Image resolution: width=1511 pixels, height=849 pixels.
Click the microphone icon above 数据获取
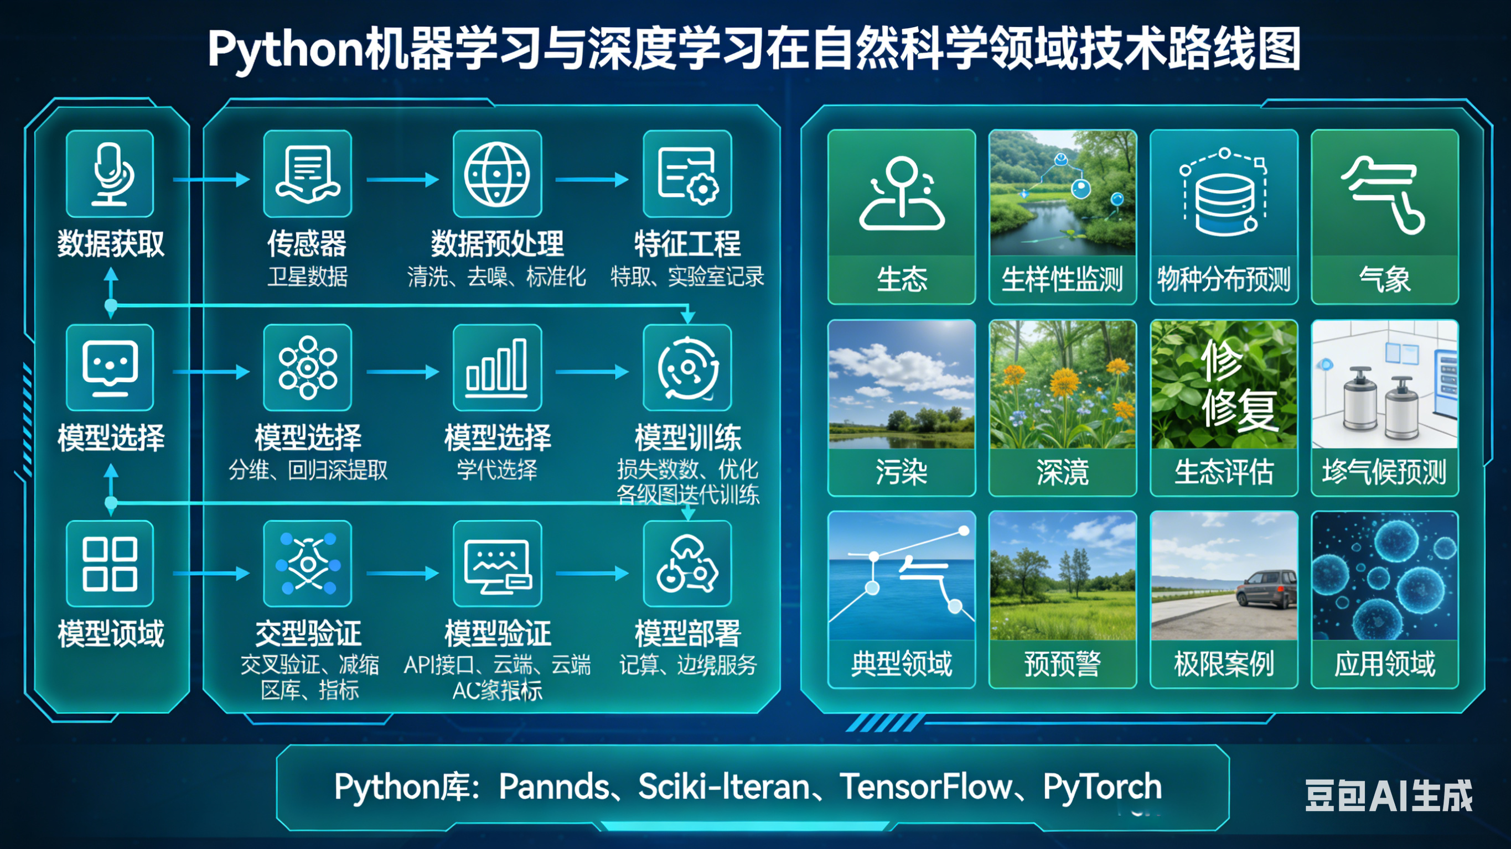(110, 174)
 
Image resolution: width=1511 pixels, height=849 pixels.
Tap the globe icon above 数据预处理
(497, 174)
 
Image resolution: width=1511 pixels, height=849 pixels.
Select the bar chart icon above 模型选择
(497, 368)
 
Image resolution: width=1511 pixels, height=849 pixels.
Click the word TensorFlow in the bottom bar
(926, 787)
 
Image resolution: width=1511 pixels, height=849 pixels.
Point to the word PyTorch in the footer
(1101, 787)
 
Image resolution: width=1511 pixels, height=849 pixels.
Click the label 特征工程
(687, 244)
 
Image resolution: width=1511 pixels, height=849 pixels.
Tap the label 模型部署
(687, 633)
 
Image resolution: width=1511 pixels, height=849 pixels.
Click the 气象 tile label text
(1384, 279)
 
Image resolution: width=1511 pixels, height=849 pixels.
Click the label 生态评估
(1224, 471)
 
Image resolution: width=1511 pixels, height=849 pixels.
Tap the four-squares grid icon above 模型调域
(110, 564)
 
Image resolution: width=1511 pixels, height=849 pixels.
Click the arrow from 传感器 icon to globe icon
(402, 179)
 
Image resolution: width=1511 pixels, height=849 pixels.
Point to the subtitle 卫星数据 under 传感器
(307, 276)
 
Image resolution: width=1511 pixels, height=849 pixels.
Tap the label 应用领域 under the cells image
(1384, 664)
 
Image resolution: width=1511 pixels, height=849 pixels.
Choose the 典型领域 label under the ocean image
(901, 664)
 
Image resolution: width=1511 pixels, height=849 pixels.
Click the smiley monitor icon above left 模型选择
(110, 368)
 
